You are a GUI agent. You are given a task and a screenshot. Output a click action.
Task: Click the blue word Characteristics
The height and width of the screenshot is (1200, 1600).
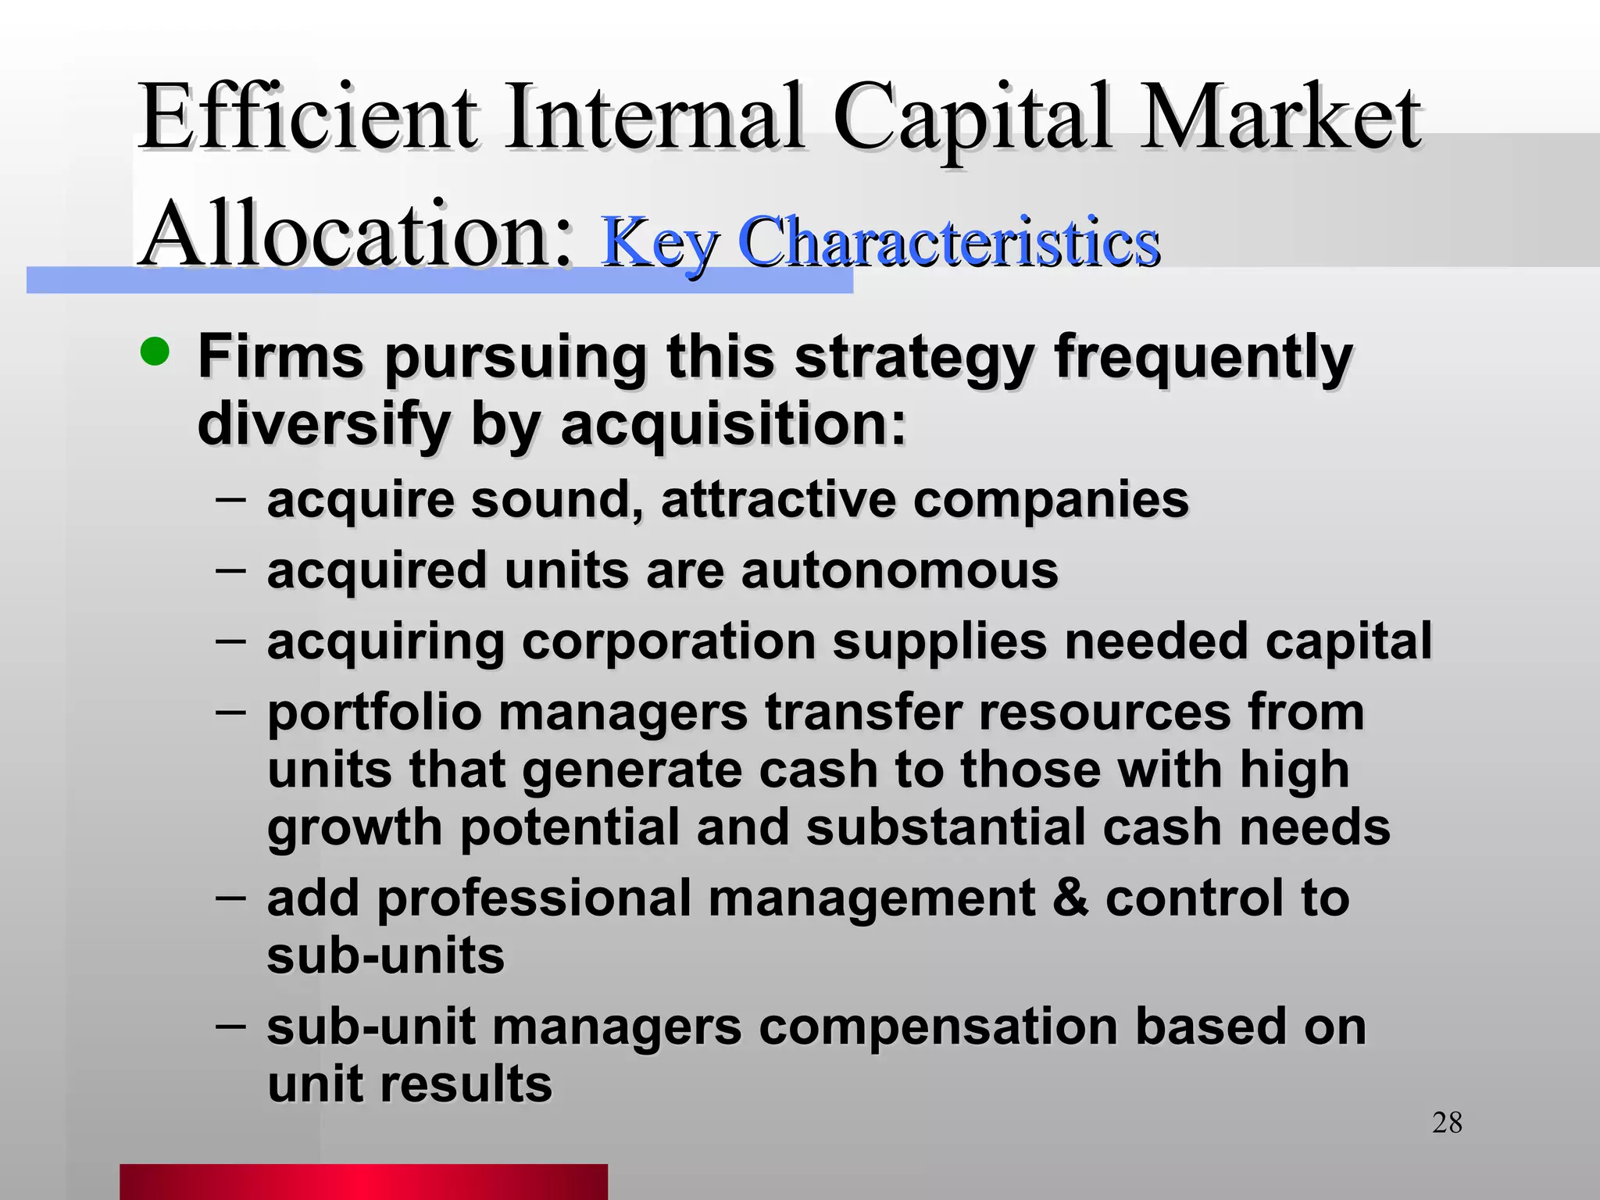948,242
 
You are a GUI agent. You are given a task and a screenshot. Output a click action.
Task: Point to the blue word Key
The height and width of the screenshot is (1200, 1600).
659,244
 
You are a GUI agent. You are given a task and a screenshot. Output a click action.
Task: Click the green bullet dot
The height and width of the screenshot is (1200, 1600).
155,352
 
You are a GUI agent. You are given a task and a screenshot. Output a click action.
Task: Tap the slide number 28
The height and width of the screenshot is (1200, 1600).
1447,1123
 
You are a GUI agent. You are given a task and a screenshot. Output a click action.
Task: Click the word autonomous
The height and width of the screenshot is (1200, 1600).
899,570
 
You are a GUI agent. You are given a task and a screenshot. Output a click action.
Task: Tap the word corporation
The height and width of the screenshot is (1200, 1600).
667,642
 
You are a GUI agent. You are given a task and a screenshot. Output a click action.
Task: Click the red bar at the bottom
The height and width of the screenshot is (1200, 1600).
363,1181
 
